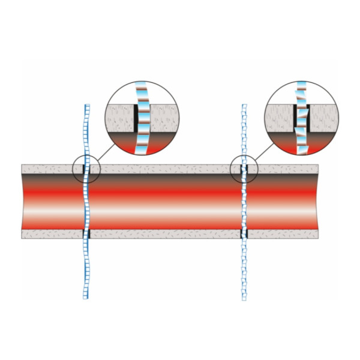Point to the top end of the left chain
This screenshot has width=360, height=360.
[x=86, y=105]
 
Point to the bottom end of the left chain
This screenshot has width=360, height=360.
[x=85, y=297]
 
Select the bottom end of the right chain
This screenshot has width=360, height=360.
[x=244, y=298]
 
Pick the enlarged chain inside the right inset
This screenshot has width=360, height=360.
[x=301, y=118]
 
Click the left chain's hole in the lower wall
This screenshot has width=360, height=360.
[x=85, y=233]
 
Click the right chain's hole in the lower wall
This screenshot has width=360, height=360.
[x=244, y=233]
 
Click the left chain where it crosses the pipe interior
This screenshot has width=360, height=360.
[x=85, y=201]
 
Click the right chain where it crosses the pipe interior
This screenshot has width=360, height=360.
[x=244, y=201]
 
